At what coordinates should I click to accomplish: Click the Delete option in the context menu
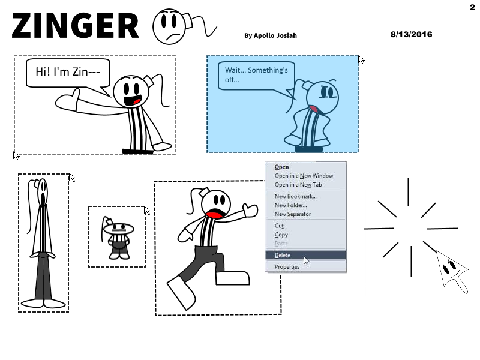point(282,255)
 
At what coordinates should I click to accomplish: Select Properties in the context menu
point(287,266)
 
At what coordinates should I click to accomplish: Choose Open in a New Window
point(304,176)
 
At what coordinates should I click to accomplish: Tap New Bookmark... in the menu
point(295,196)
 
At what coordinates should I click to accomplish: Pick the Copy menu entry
point(281,235)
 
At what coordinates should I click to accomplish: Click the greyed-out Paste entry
point(281,244)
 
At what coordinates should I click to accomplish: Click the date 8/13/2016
point(411,34)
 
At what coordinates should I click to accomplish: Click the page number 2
point(472,7)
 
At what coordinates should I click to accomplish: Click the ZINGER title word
point(76,26)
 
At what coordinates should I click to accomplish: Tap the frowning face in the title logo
point(169,26)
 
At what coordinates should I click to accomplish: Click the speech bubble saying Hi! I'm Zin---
point(68,73)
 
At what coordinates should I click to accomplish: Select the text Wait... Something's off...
point(256,74)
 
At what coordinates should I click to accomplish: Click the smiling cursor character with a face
point(452,271)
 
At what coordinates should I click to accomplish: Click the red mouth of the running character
point(215,214)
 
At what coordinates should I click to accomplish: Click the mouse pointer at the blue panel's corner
point(361,60)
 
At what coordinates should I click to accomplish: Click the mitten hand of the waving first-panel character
point(67,101)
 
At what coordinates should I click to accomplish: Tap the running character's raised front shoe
point(233,278)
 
